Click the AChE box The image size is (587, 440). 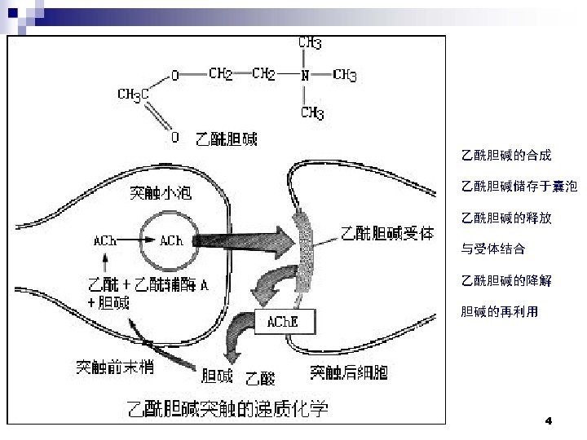(283, 322)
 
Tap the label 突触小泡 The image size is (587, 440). (162, 194)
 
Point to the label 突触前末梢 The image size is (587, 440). (115, 367)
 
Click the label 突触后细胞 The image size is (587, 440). (349, 373)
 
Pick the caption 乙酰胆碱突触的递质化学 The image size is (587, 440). (225, 408)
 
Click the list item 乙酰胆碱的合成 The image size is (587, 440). (506, 155)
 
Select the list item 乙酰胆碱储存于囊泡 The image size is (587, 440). (519, 187)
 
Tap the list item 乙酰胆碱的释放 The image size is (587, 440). (506, 218)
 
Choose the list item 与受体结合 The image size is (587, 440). (493, 249)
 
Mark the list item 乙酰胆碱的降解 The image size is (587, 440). (506, 280)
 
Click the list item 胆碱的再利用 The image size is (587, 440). (500, 311)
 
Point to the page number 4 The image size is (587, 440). (548, 421)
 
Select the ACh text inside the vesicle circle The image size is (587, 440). (171, 240)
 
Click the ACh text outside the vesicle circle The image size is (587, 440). (104, 240)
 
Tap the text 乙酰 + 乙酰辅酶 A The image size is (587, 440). (148, 285)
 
